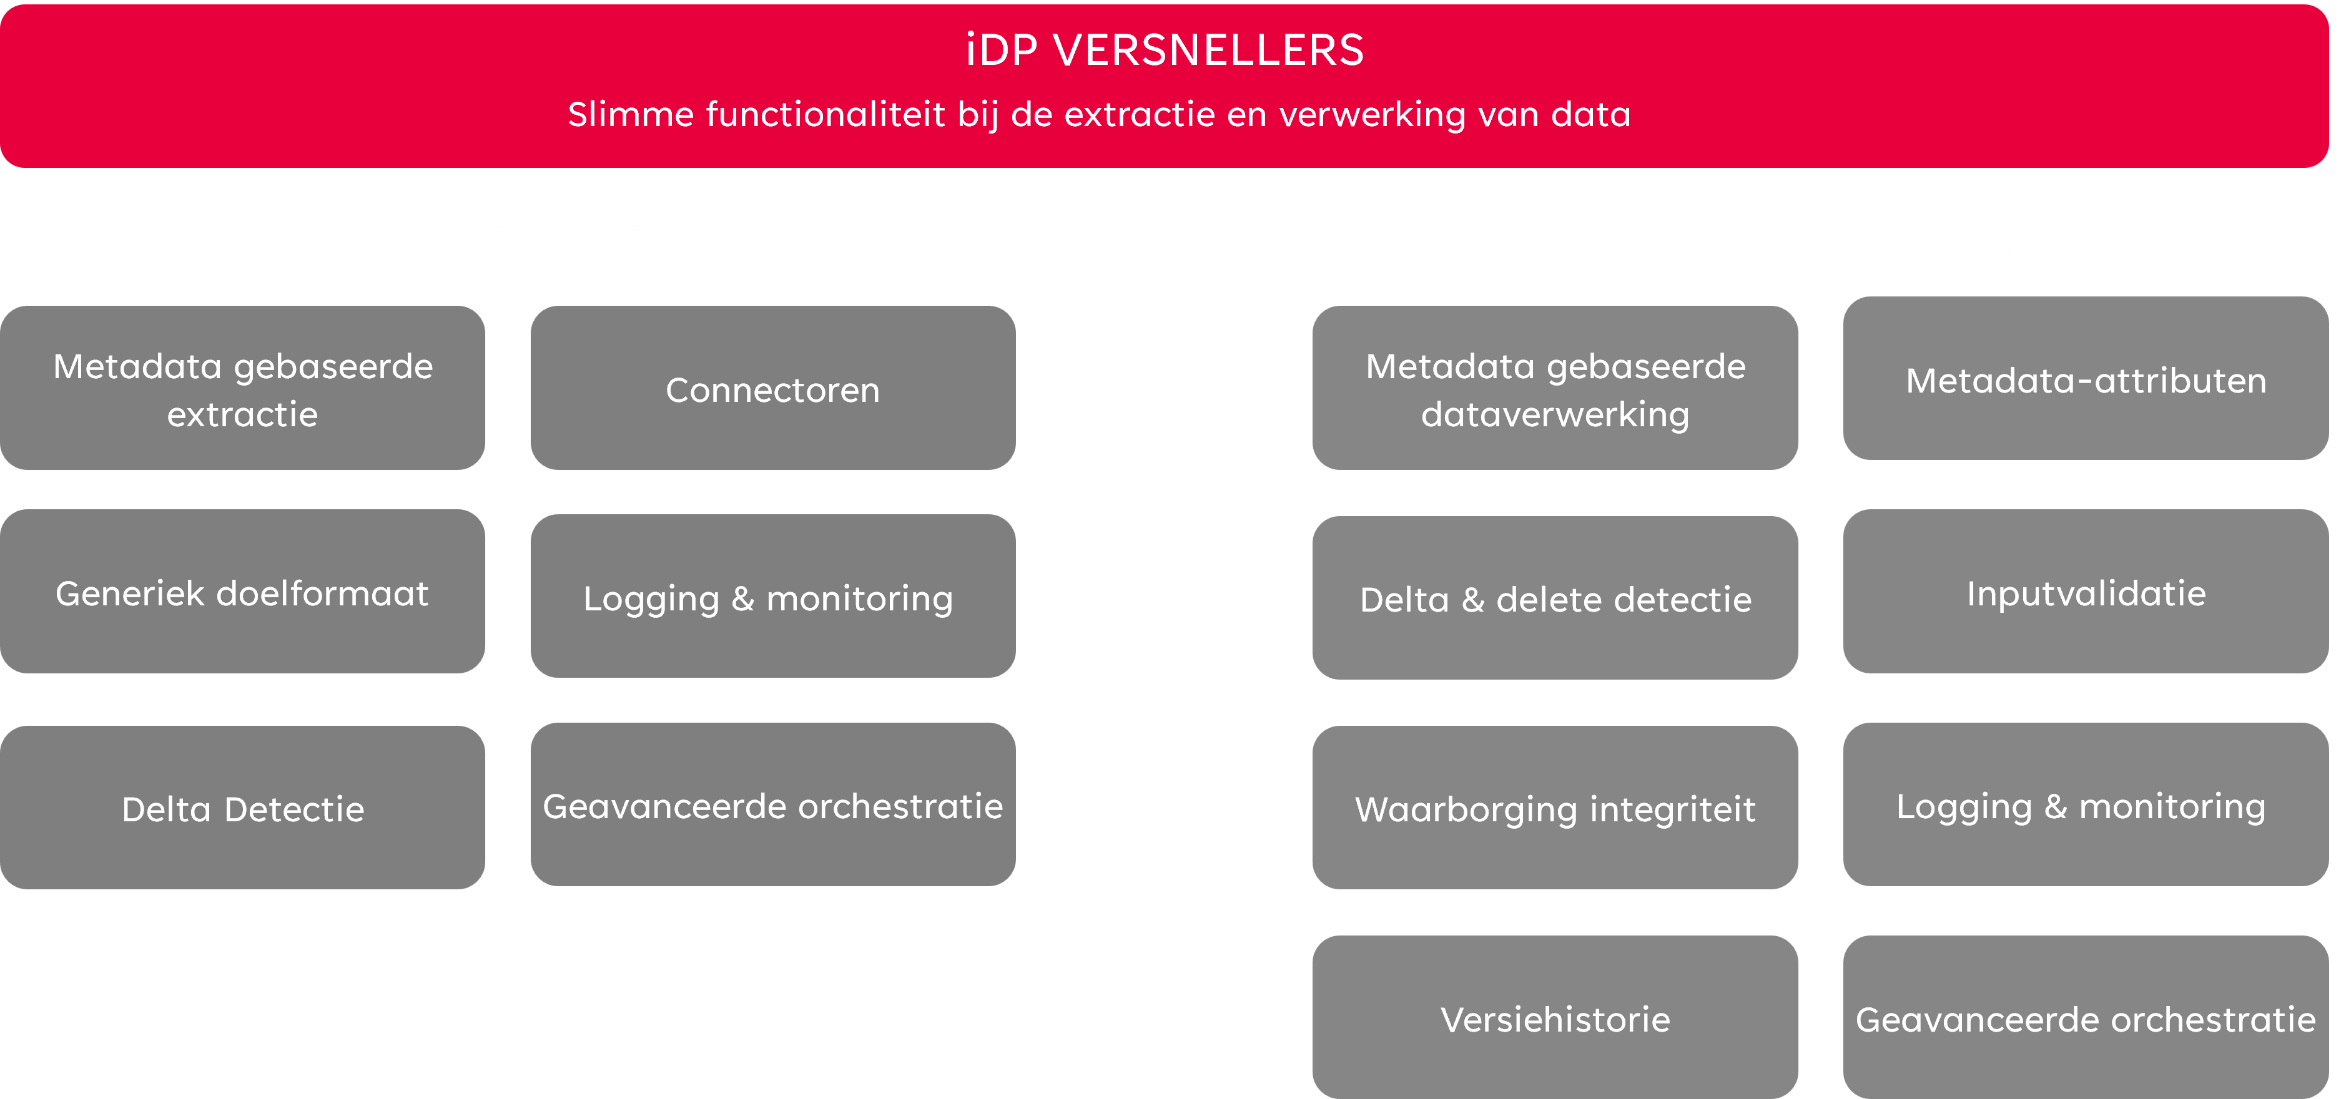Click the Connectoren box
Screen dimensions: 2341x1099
tap(772, 388)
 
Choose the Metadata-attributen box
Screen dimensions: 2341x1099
tap(2086, 378)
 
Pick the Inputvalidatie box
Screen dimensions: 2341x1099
tap(2086, 591)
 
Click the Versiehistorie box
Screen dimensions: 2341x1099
tap(1555, 1017)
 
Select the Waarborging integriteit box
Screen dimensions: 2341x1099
tap(1555, 808)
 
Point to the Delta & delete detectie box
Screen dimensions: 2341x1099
tap(1555, 598)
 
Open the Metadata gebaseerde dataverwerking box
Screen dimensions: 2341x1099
tap(1555, 388)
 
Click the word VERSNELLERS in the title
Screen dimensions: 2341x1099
tap(1209, 50)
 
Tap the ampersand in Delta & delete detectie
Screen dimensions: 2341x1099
tap(1473, 600)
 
